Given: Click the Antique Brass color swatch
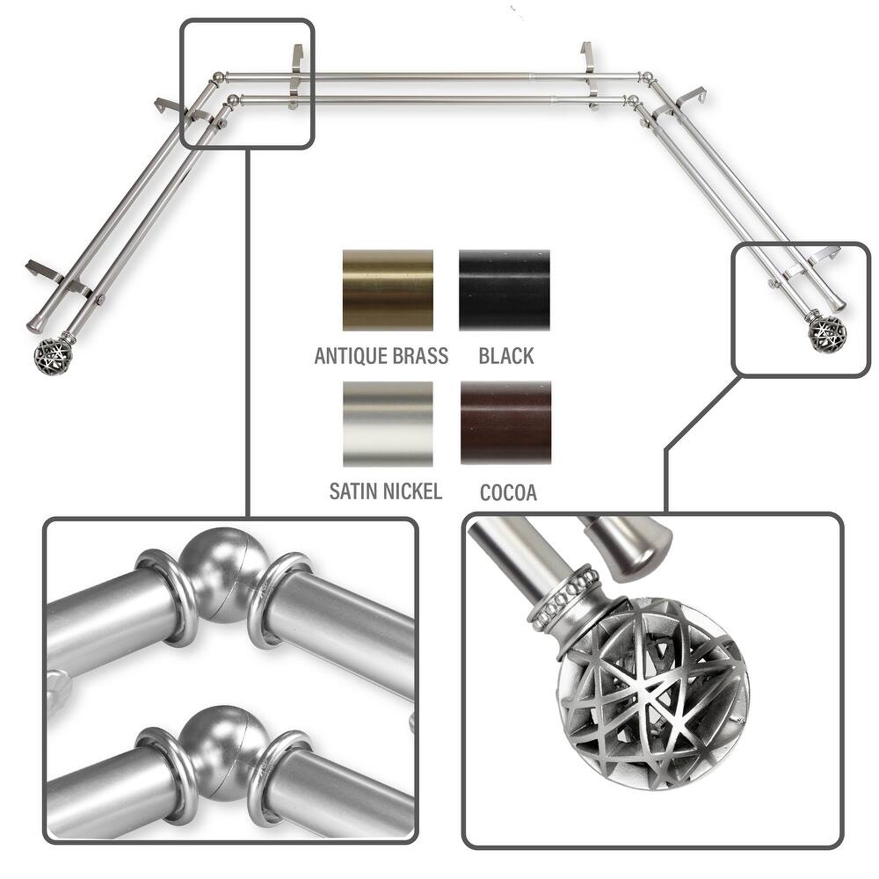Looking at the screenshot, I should [388, 290].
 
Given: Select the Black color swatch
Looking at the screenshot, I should [505, 290].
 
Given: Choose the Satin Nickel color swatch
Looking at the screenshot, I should [388, 424].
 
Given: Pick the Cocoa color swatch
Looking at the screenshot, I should [505, 422].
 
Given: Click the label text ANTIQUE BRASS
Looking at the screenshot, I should [381, 356].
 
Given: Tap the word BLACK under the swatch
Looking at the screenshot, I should [506, 356].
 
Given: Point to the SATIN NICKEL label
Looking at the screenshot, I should [385, 490].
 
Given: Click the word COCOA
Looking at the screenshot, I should [508, 492].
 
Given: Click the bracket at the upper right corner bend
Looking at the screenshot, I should [694, 96].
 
